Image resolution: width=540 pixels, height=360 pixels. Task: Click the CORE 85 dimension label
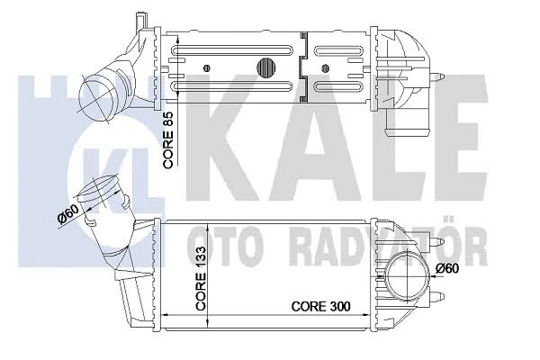coord(169,140)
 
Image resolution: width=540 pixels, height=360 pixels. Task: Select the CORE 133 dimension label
coord(201,278)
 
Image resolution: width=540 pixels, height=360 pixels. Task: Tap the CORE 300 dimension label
coord(321,306)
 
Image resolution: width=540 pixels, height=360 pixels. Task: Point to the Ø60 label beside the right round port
coord(447,268)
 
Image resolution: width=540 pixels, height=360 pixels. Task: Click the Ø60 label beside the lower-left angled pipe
coord(68,213)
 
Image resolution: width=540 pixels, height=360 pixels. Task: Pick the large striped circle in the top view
coord(267,67)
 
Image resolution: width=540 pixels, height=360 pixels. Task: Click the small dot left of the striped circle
coord(207,67)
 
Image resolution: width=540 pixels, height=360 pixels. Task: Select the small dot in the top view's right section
coord(324,67)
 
